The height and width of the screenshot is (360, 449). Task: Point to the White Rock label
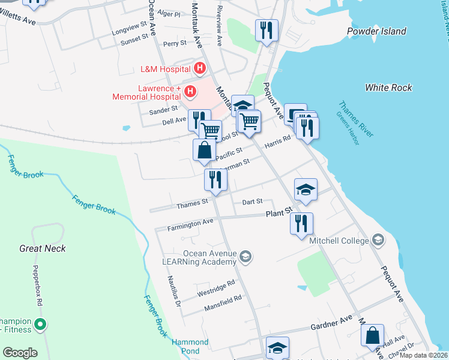coord(388,88)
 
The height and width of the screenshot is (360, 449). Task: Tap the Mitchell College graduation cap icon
coord(378,241)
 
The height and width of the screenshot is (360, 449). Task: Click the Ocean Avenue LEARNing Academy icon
coord(245,257)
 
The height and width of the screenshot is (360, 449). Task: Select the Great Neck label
coord(42,248)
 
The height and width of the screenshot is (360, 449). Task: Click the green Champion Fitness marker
coord(40,325)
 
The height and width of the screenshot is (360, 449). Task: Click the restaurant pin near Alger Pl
coord(266,30)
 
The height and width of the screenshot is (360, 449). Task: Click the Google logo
coord(20,353)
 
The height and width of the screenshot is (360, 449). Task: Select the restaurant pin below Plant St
coord(301,223)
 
